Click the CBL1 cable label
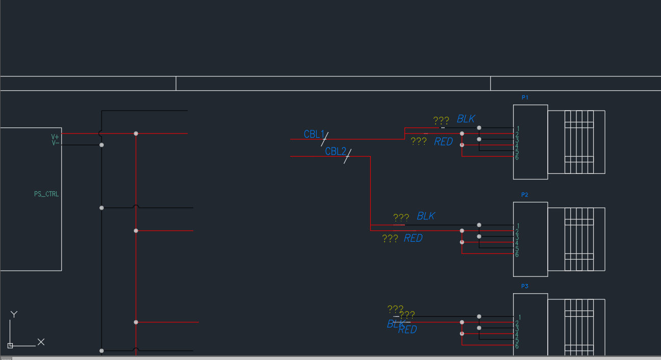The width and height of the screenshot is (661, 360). (314, 134)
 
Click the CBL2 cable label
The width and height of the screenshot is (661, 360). (335, 151)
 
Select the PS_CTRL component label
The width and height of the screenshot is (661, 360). (46, 194)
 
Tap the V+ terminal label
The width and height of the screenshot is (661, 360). (55, 137)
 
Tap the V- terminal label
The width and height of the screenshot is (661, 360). (55, 143)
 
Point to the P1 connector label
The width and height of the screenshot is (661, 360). (525, 97)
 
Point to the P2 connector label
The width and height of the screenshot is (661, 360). (525, 195)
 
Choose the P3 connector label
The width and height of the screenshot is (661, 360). (525, 286)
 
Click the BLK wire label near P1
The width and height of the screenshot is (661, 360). (466, 119)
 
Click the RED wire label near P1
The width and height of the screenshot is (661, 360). (443, 142)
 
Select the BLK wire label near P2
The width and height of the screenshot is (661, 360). (426, 216)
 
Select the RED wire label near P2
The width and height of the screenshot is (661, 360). (413, 238)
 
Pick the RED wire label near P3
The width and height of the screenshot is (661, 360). (408, 330)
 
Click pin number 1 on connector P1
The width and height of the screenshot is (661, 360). (518, 128)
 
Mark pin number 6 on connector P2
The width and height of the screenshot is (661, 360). (517, 254)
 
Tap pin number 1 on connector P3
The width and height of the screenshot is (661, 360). (519, 318)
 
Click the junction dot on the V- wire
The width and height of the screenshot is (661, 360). (101, 145)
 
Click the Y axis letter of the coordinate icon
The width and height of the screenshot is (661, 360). (14, 314)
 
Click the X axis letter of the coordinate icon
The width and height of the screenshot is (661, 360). (41, 342)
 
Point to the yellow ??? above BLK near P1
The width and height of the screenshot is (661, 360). (441, 121)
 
